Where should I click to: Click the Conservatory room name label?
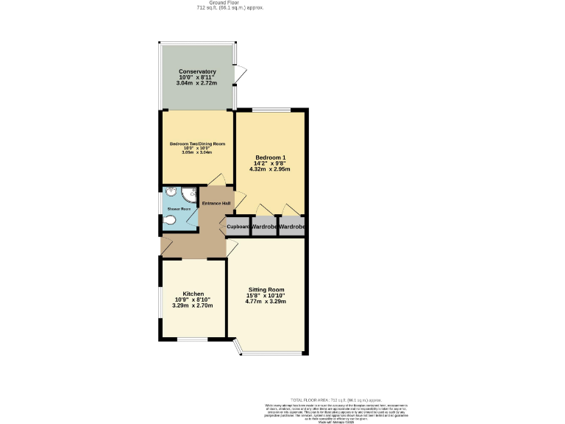[197, 71]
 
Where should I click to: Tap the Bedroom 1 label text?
[270, 158]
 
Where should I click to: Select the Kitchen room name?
[193, 294]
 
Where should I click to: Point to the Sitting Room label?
[266, 290]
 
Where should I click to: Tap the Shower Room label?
[179, 209]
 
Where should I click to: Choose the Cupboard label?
[238, 227]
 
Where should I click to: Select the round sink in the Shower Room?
[171, 193]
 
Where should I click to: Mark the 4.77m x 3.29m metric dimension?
[266, 302]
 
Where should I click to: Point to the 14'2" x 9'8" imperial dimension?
[270, 164]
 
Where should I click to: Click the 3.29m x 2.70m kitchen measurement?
[193, 305]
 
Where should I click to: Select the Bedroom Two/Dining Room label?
[197, 144]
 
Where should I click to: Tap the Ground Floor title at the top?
[230, 3]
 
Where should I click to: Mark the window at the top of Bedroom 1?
[271, 110]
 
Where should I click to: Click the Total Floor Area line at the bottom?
[335, 399]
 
